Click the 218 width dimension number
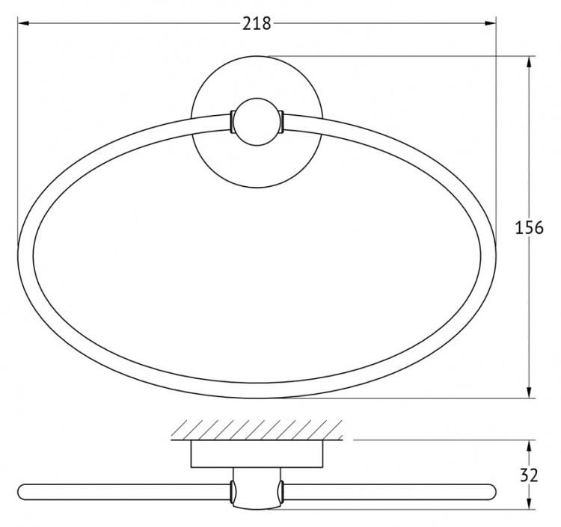click(257, 24)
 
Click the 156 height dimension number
click(529, 227)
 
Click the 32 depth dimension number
click(530, 475)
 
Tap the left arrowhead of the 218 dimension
click(23, 24)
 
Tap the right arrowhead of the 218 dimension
click(491, 24)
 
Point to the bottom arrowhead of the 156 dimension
click(529, 392)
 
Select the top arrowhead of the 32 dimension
click(529, 446)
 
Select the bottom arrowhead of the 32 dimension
click(529, 503)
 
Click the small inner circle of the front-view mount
click(257, 122)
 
